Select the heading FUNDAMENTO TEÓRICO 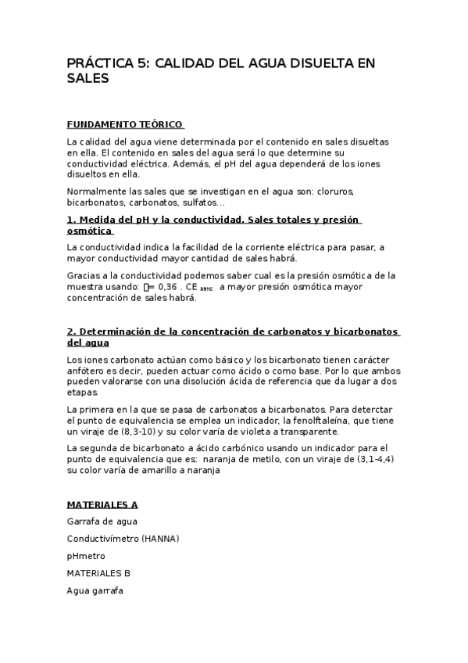tap(125, 124)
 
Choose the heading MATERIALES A tap(102, 505)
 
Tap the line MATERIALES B tap(98, 573)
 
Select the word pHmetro tap(86, 556)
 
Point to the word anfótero tap(87, 370)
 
